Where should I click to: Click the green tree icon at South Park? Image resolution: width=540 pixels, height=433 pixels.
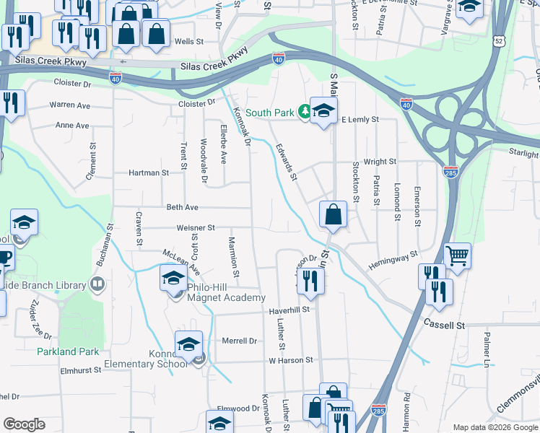305,112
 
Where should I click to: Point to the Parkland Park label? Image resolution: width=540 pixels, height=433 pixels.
68,352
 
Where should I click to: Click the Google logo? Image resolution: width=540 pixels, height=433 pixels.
24,424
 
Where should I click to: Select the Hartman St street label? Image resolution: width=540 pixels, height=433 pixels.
148,173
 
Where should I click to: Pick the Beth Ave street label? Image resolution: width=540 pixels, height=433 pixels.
182,207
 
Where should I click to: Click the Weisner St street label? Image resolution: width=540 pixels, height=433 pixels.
196,227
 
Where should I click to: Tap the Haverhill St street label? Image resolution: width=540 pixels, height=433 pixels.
289,310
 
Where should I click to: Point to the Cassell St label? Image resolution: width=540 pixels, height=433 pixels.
444,325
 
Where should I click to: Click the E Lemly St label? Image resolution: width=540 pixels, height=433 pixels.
360,119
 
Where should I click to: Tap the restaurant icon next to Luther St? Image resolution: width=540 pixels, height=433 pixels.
310,280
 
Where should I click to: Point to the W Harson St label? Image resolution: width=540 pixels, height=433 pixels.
290,359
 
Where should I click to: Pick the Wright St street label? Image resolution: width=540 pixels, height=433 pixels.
380,162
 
